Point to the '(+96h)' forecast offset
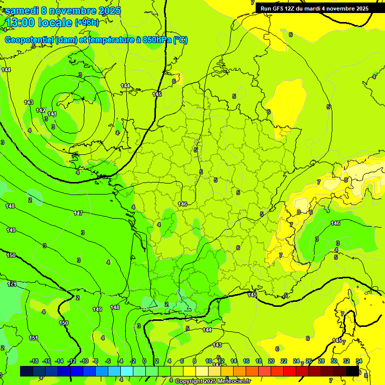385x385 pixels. (87, 23)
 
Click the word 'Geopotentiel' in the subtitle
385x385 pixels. (30, 40)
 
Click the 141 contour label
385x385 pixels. (52, 114)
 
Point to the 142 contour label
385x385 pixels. (41, 110)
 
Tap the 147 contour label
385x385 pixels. (78, 213)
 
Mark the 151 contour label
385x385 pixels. (33, 338)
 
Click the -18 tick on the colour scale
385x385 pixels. (34, 361)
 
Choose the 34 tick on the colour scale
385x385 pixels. (359, 361)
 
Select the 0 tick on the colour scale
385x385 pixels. (144, 361)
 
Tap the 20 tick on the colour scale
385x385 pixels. (271, 361)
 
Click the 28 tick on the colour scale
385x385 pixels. (321, 361)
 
